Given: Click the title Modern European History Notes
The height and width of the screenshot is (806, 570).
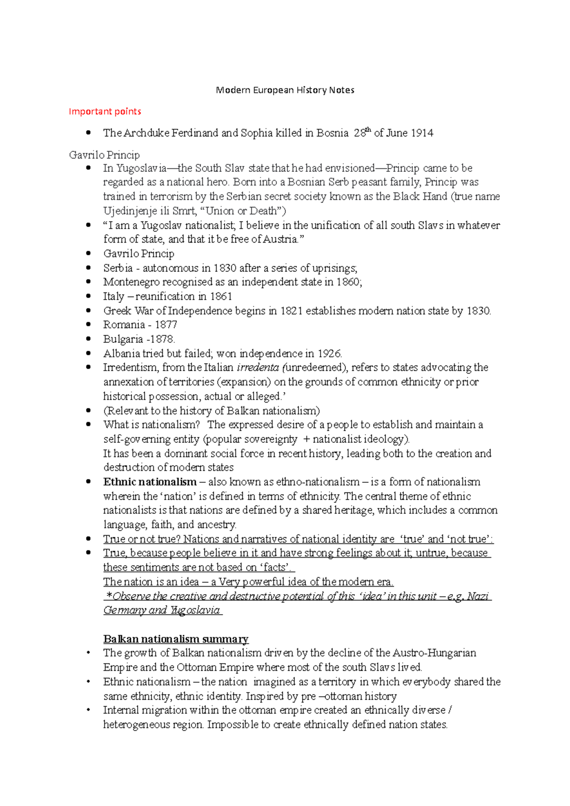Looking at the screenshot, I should [285, 90].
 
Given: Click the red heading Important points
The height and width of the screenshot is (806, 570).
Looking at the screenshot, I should [105, 112].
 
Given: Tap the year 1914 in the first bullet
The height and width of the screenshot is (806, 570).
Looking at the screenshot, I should [422, 133].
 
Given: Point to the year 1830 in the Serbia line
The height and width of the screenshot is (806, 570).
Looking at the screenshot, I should [225, 268].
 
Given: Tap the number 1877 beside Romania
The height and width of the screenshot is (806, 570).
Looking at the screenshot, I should [166, 325].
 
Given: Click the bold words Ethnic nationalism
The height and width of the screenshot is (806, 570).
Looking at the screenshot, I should [150, 482].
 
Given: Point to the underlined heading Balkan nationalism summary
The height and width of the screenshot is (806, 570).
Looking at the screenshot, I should [176, 639].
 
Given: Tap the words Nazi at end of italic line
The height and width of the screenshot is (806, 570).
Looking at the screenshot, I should [477, 597].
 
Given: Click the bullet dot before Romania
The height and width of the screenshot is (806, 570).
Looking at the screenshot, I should [88, 325].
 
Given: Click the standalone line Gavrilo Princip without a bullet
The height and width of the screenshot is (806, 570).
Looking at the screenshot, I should [104, 155].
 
